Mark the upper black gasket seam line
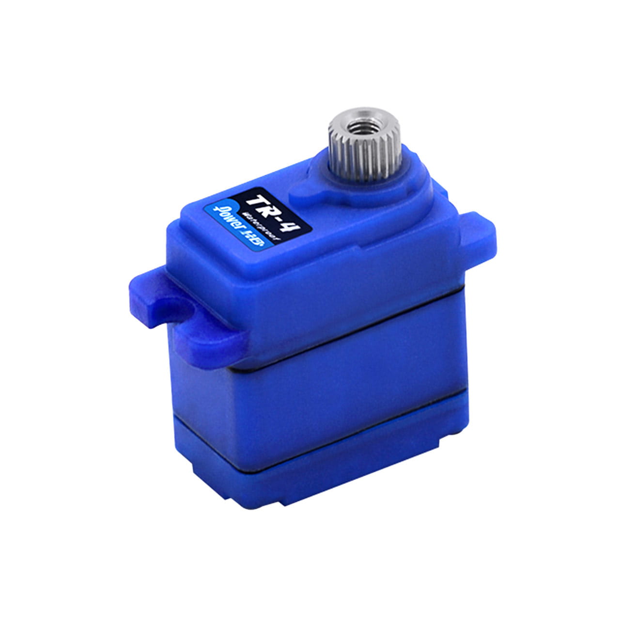(x=349, y=334)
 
